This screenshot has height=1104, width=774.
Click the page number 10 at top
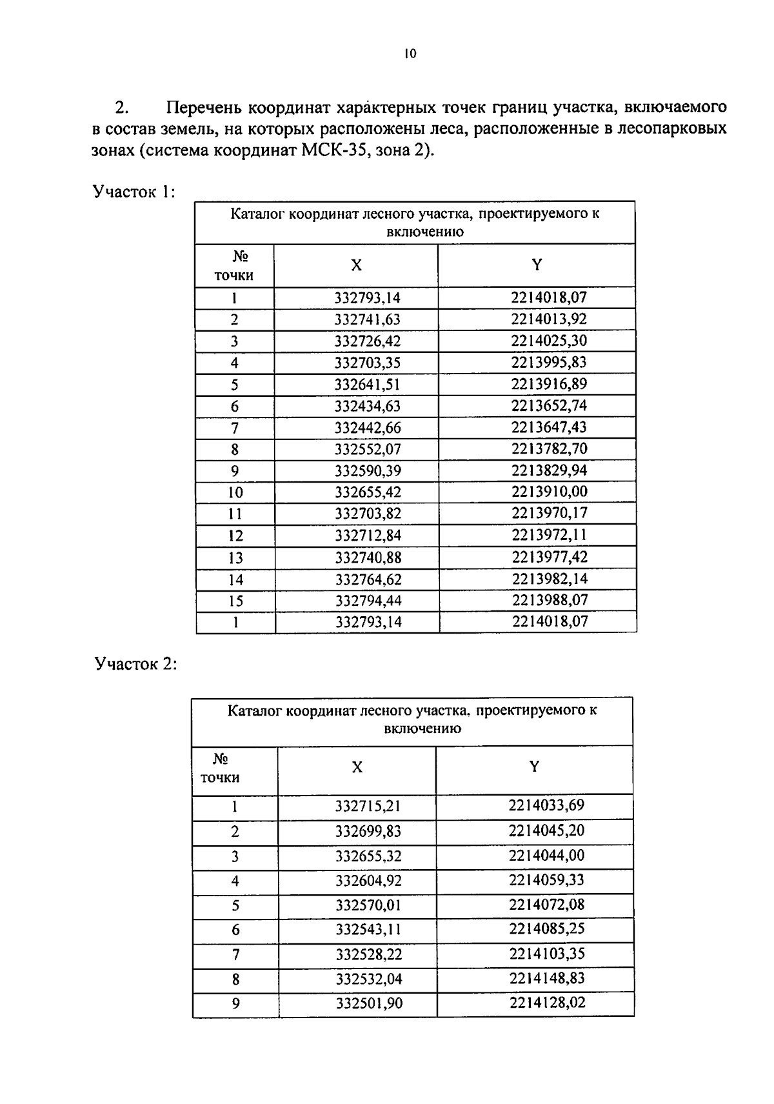410,54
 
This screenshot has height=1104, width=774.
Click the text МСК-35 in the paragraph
335,151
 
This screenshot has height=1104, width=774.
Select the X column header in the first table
356,265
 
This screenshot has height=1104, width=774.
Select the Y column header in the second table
533,767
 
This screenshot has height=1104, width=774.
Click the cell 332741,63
368,319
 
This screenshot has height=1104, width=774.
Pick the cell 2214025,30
549,341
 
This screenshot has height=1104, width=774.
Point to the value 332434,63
368,406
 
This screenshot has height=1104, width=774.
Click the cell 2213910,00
550,492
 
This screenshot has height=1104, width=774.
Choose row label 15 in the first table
235,601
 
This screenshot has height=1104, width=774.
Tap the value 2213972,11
550,535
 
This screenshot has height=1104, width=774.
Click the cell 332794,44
368,601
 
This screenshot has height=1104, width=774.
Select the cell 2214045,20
546,830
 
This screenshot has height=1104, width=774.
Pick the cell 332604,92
368,881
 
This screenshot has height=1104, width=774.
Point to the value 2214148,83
546,978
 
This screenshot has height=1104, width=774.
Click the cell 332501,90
368,1003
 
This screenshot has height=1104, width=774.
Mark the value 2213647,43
549,427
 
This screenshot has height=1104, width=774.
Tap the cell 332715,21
368,807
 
